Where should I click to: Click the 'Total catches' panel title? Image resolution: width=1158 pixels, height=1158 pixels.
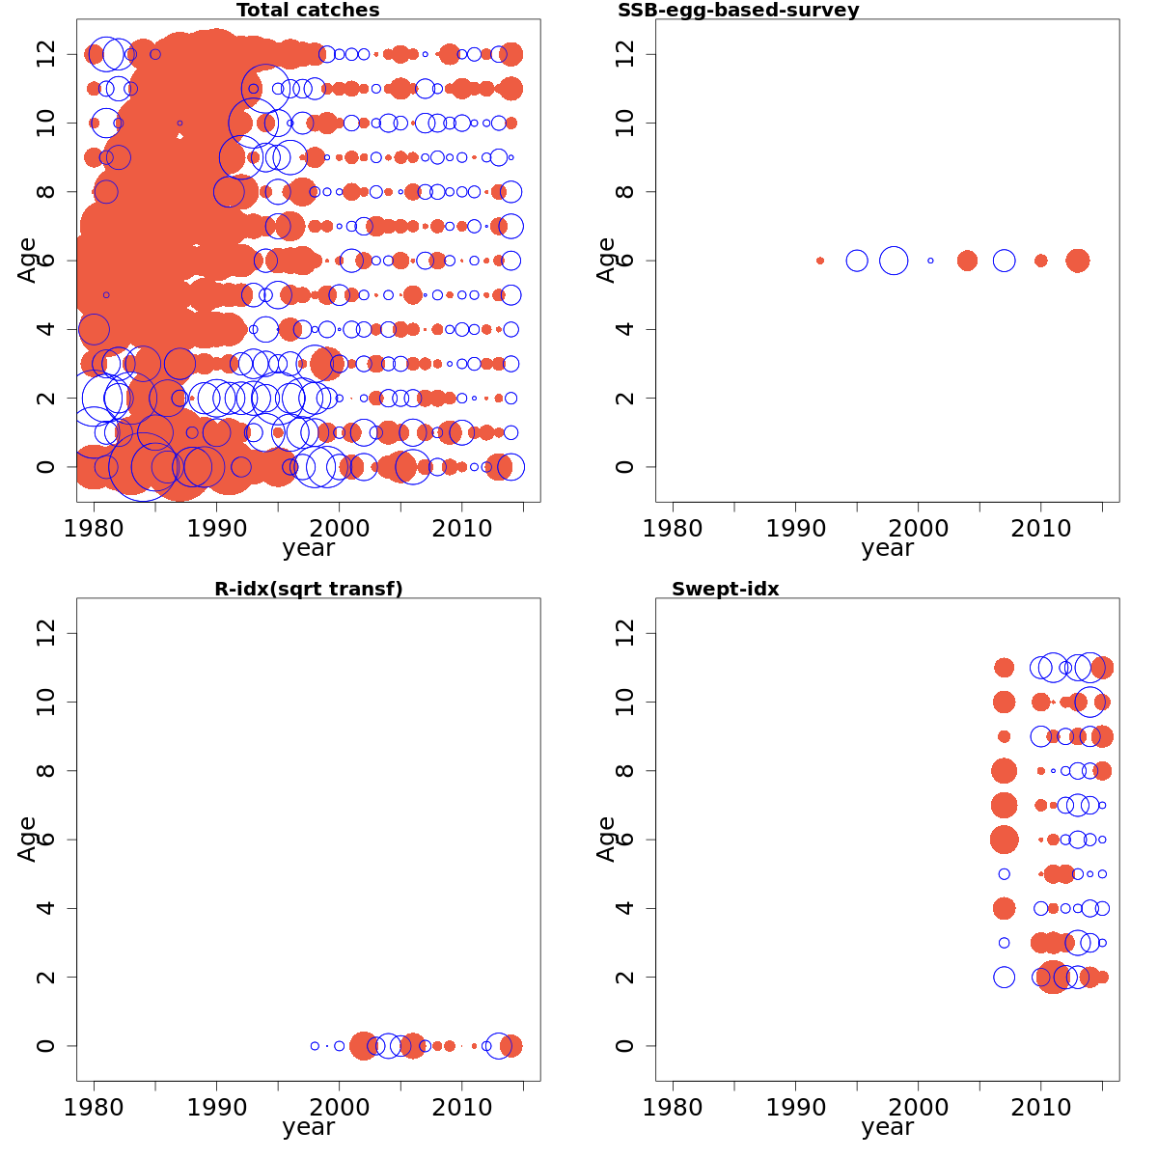pyautogui.click(x=308, y=11)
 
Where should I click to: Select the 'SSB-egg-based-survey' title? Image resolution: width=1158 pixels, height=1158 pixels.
pyautogui.click(x=738, y=11)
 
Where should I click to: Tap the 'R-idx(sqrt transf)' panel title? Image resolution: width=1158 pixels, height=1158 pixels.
pyautogui.click(x=308, y=589)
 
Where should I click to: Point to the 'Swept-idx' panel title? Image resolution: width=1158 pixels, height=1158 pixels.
pyautogui.click(x=726, y=589)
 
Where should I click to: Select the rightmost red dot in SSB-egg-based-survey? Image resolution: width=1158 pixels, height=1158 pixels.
pyautogui.click(x=1078, y=261)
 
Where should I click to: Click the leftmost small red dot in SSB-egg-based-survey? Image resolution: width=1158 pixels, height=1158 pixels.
pyautogui.click(x=820, y=261)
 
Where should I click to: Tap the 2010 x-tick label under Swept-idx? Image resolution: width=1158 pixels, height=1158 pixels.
pyautogui.click(x=1041, y=1108)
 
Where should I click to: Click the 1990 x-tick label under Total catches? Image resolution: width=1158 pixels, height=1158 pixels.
pyautogui.click(x=216, y=529)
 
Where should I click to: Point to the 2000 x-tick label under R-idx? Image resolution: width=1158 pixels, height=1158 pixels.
pyautogui.click(x=339, y=1108)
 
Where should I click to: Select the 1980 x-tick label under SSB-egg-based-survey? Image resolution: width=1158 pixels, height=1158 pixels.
pyautogui.click(x=673, y=529)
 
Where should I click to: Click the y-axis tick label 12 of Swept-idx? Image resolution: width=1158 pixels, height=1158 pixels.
pyautogui.click(x=625, y=633)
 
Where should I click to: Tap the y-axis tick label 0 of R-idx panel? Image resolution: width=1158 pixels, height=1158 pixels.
pyautogui.click(x=46, y=1046)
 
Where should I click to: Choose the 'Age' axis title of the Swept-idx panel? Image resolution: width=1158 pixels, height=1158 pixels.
pyautogui.click(x=606, y=840)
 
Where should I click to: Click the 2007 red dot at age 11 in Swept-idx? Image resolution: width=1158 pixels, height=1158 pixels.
pyautogui.click(x=1005, y=668)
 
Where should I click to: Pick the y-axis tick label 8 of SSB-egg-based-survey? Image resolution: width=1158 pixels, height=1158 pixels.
pyautogui.click(x=625, y=192)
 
